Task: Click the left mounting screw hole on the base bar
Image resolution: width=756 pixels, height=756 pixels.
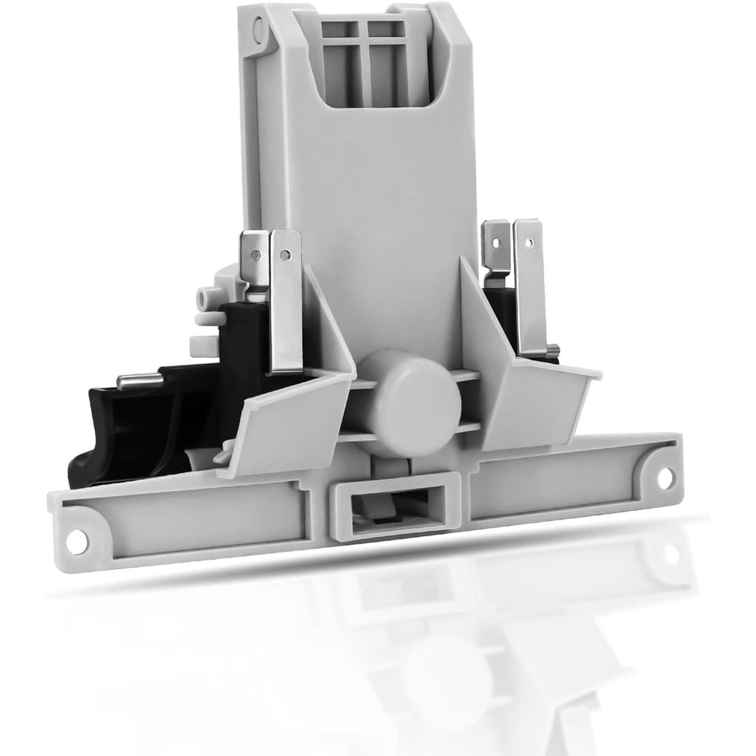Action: point(77,542)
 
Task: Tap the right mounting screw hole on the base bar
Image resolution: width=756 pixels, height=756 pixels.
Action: point(664,478)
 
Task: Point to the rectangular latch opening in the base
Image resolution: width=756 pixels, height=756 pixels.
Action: point(395,506)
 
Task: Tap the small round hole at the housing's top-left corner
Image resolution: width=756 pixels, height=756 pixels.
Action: point(259,30)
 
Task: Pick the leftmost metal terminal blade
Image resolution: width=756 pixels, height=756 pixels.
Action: point(255,258)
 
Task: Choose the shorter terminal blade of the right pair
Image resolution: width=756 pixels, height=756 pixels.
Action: point(496,251)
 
